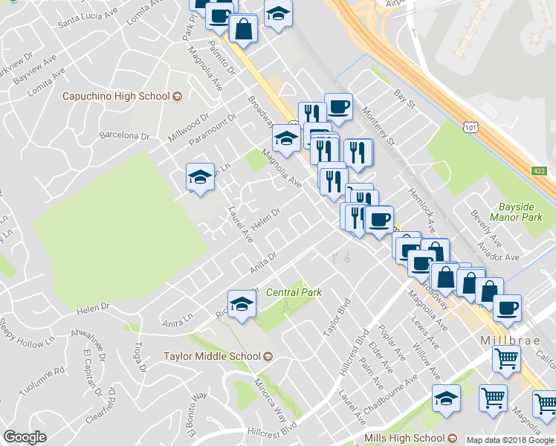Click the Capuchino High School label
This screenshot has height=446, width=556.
pyautogui.click(x=117, y=97)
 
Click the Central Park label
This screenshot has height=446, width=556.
pyautogui.click(x=294, y=292)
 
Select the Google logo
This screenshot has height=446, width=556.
pyautogui.click(x=25, y=437)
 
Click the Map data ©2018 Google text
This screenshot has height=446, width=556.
pyautogui.click(x=509, y=440)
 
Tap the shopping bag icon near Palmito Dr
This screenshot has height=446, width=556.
pyautogui.click(x=244, y=30)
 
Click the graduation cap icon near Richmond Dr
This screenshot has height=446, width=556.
pyautogui.click(x=241, y=305)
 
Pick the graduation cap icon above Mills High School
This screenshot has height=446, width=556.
pyautogui.click(x=446, y=399)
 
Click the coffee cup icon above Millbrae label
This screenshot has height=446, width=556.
pyautogui.click(x=507, y=307)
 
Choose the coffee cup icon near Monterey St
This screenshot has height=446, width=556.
pyautogui.click(x=338, y=107)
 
